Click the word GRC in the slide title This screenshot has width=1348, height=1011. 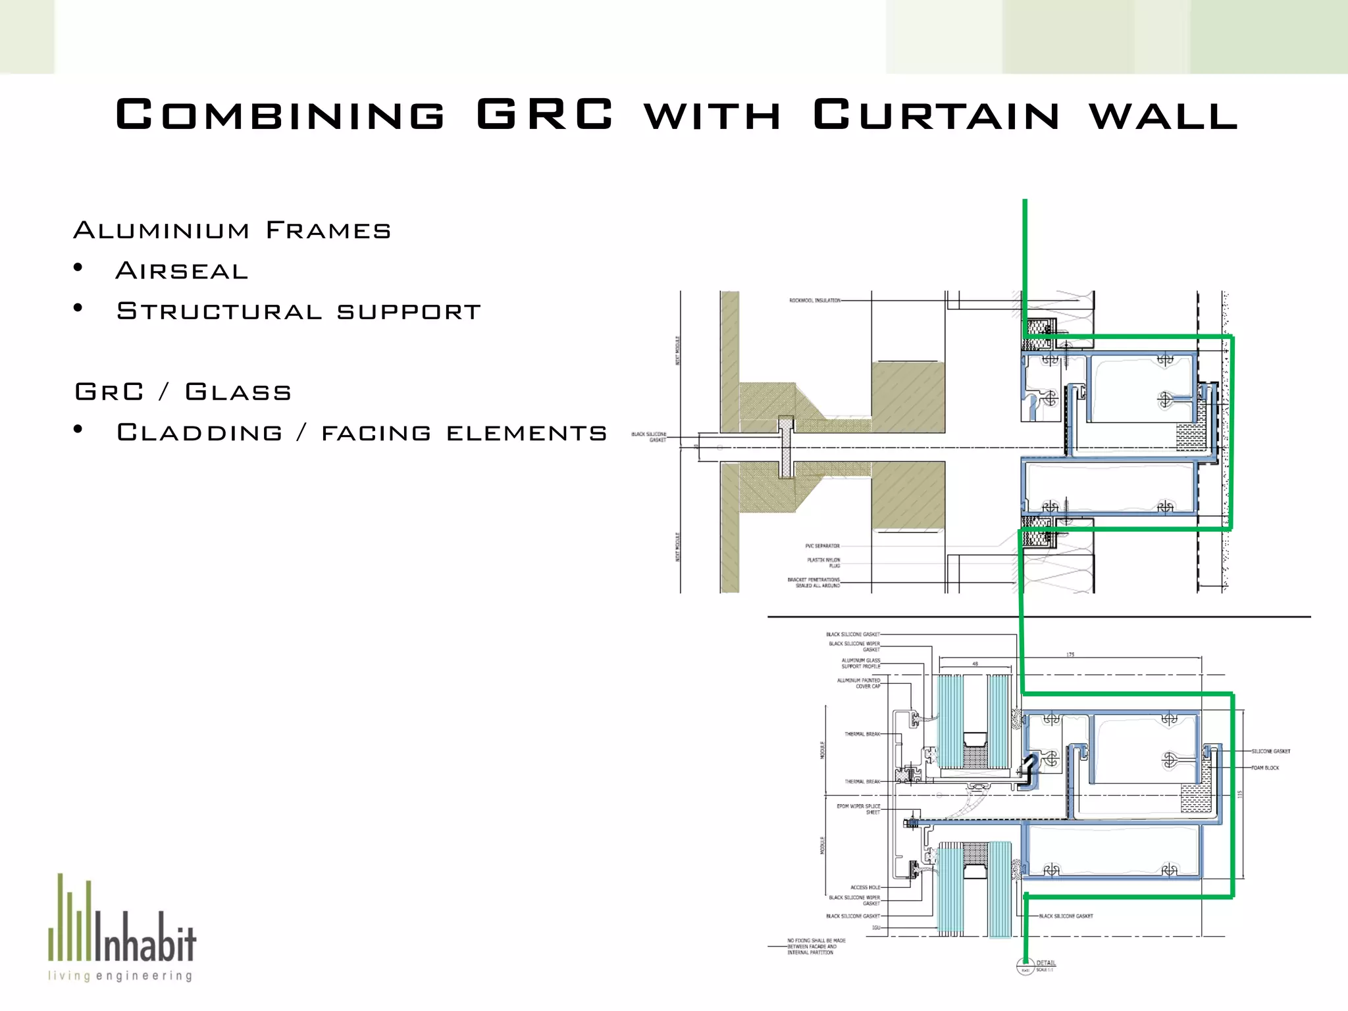[544, 115]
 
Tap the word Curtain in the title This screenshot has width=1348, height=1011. [935, 115]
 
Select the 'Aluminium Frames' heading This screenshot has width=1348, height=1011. [232, 230]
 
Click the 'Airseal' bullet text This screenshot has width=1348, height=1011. [182, 271]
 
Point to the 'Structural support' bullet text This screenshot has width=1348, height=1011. [299, 311]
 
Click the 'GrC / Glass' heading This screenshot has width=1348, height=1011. [183, 392]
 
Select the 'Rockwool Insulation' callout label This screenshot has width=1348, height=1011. [814, 301]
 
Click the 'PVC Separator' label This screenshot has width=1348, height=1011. [822, 546]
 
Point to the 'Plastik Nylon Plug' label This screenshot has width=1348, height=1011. [824, 563]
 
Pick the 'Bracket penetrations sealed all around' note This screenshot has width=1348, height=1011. [814, 583]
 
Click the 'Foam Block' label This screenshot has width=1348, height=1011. [1265, 768]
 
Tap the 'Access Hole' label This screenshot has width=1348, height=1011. [865, 887]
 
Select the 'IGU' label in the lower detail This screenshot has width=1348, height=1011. [876, 927]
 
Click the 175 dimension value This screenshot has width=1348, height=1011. [1070, 655]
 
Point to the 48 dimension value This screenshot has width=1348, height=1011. [975, 664]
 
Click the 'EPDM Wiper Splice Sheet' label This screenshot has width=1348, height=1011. [858, 809]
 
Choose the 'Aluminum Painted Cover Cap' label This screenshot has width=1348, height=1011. [858, 683]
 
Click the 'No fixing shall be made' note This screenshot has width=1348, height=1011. [816, 946]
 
